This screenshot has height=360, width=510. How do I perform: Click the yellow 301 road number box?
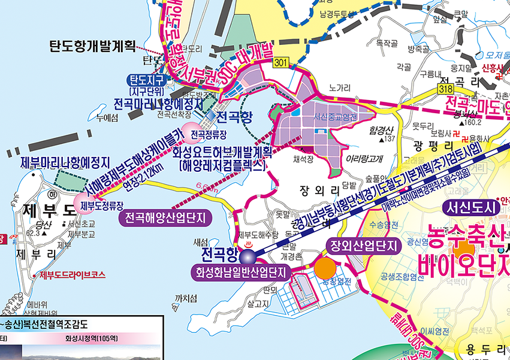click(280, 62)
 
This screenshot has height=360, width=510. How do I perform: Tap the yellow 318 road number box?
click(444, 89)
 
